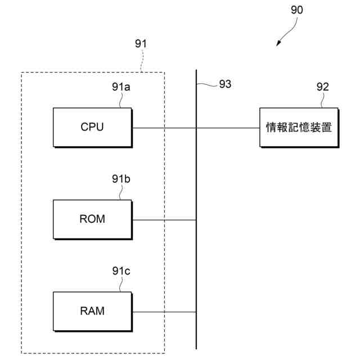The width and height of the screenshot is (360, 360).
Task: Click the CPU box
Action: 92,127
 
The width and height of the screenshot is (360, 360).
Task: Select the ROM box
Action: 92,219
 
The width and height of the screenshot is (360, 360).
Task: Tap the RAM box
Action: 92,310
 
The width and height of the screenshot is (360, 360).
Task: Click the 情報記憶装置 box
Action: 299,127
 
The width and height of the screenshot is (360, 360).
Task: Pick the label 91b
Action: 121,179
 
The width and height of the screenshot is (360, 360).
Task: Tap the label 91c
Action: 121,271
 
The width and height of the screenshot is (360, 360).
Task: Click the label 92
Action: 322,87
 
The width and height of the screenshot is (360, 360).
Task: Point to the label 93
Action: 225,84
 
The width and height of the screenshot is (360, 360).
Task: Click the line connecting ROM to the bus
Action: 164,219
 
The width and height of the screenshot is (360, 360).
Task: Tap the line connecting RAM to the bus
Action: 164,312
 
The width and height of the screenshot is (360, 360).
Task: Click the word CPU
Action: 92,127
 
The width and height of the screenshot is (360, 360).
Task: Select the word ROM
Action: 92,219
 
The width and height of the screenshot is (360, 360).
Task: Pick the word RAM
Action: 92,310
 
